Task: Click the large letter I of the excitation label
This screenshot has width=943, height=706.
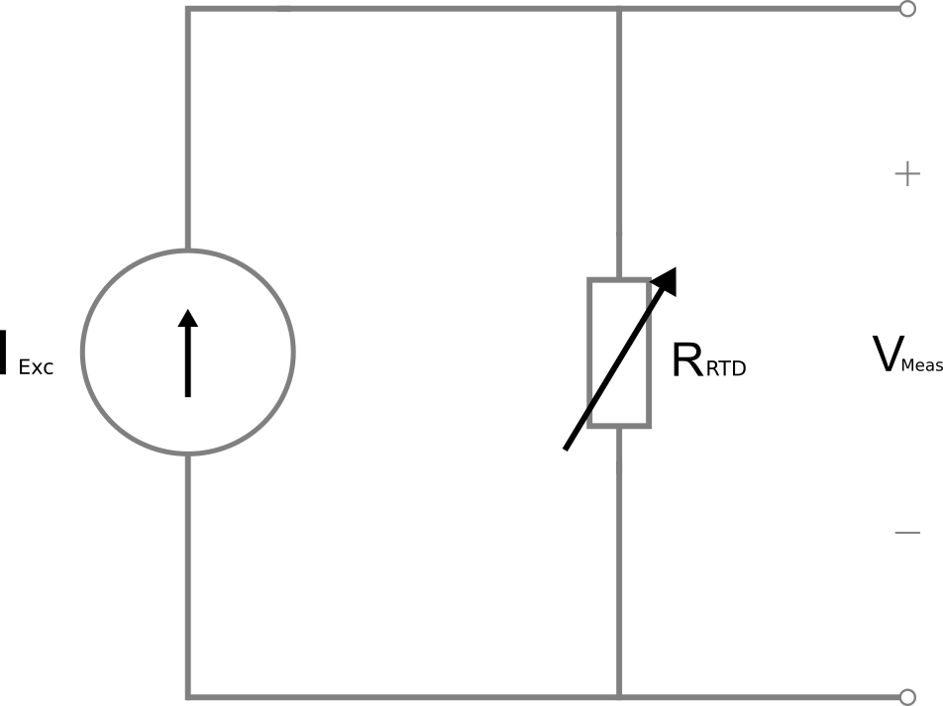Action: pyautogui.click(x=5, y=353)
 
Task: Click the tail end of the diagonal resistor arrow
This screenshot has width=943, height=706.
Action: pyautogui.click(x=567, y=448)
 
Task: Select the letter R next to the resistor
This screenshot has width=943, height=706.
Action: pyautogui.click(x=686, y=359)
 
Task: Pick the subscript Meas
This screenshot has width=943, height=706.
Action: pyautogui.click(x=922, y=367)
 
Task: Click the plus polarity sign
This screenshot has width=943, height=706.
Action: pyautogui.click(x=907, y=175)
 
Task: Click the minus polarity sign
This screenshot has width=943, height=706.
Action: pyautogui.click(x=907, y=533)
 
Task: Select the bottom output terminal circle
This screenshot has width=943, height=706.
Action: pyautogui.click(x=906, y=696)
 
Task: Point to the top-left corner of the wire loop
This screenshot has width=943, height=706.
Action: pyautogui.click(x=188, y=11)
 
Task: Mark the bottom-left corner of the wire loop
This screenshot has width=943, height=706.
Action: pyautogui.click(x=188, y=696)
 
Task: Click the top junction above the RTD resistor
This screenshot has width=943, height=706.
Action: pyautogui.click(x=619, y=11)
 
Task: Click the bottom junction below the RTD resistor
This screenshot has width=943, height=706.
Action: pyautogui.click(x=619, y=696)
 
